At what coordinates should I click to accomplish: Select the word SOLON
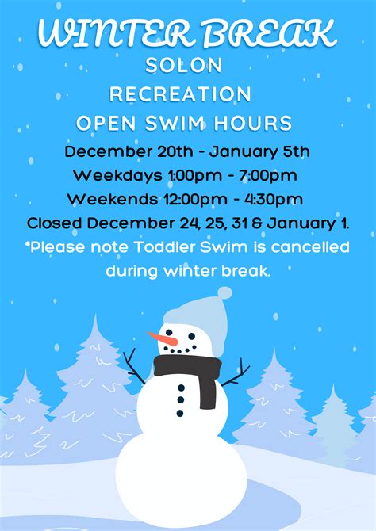(x=184, y=66)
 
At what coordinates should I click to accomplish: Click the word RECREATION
(x=180, y=94)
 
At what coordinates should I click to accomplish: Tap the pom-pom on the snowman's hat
(x=224, y=293)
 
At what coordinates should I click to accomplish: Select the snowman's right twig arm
(x=234, y=375)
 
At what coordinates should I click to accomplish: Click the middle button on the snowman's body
(x=181, y=400)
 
